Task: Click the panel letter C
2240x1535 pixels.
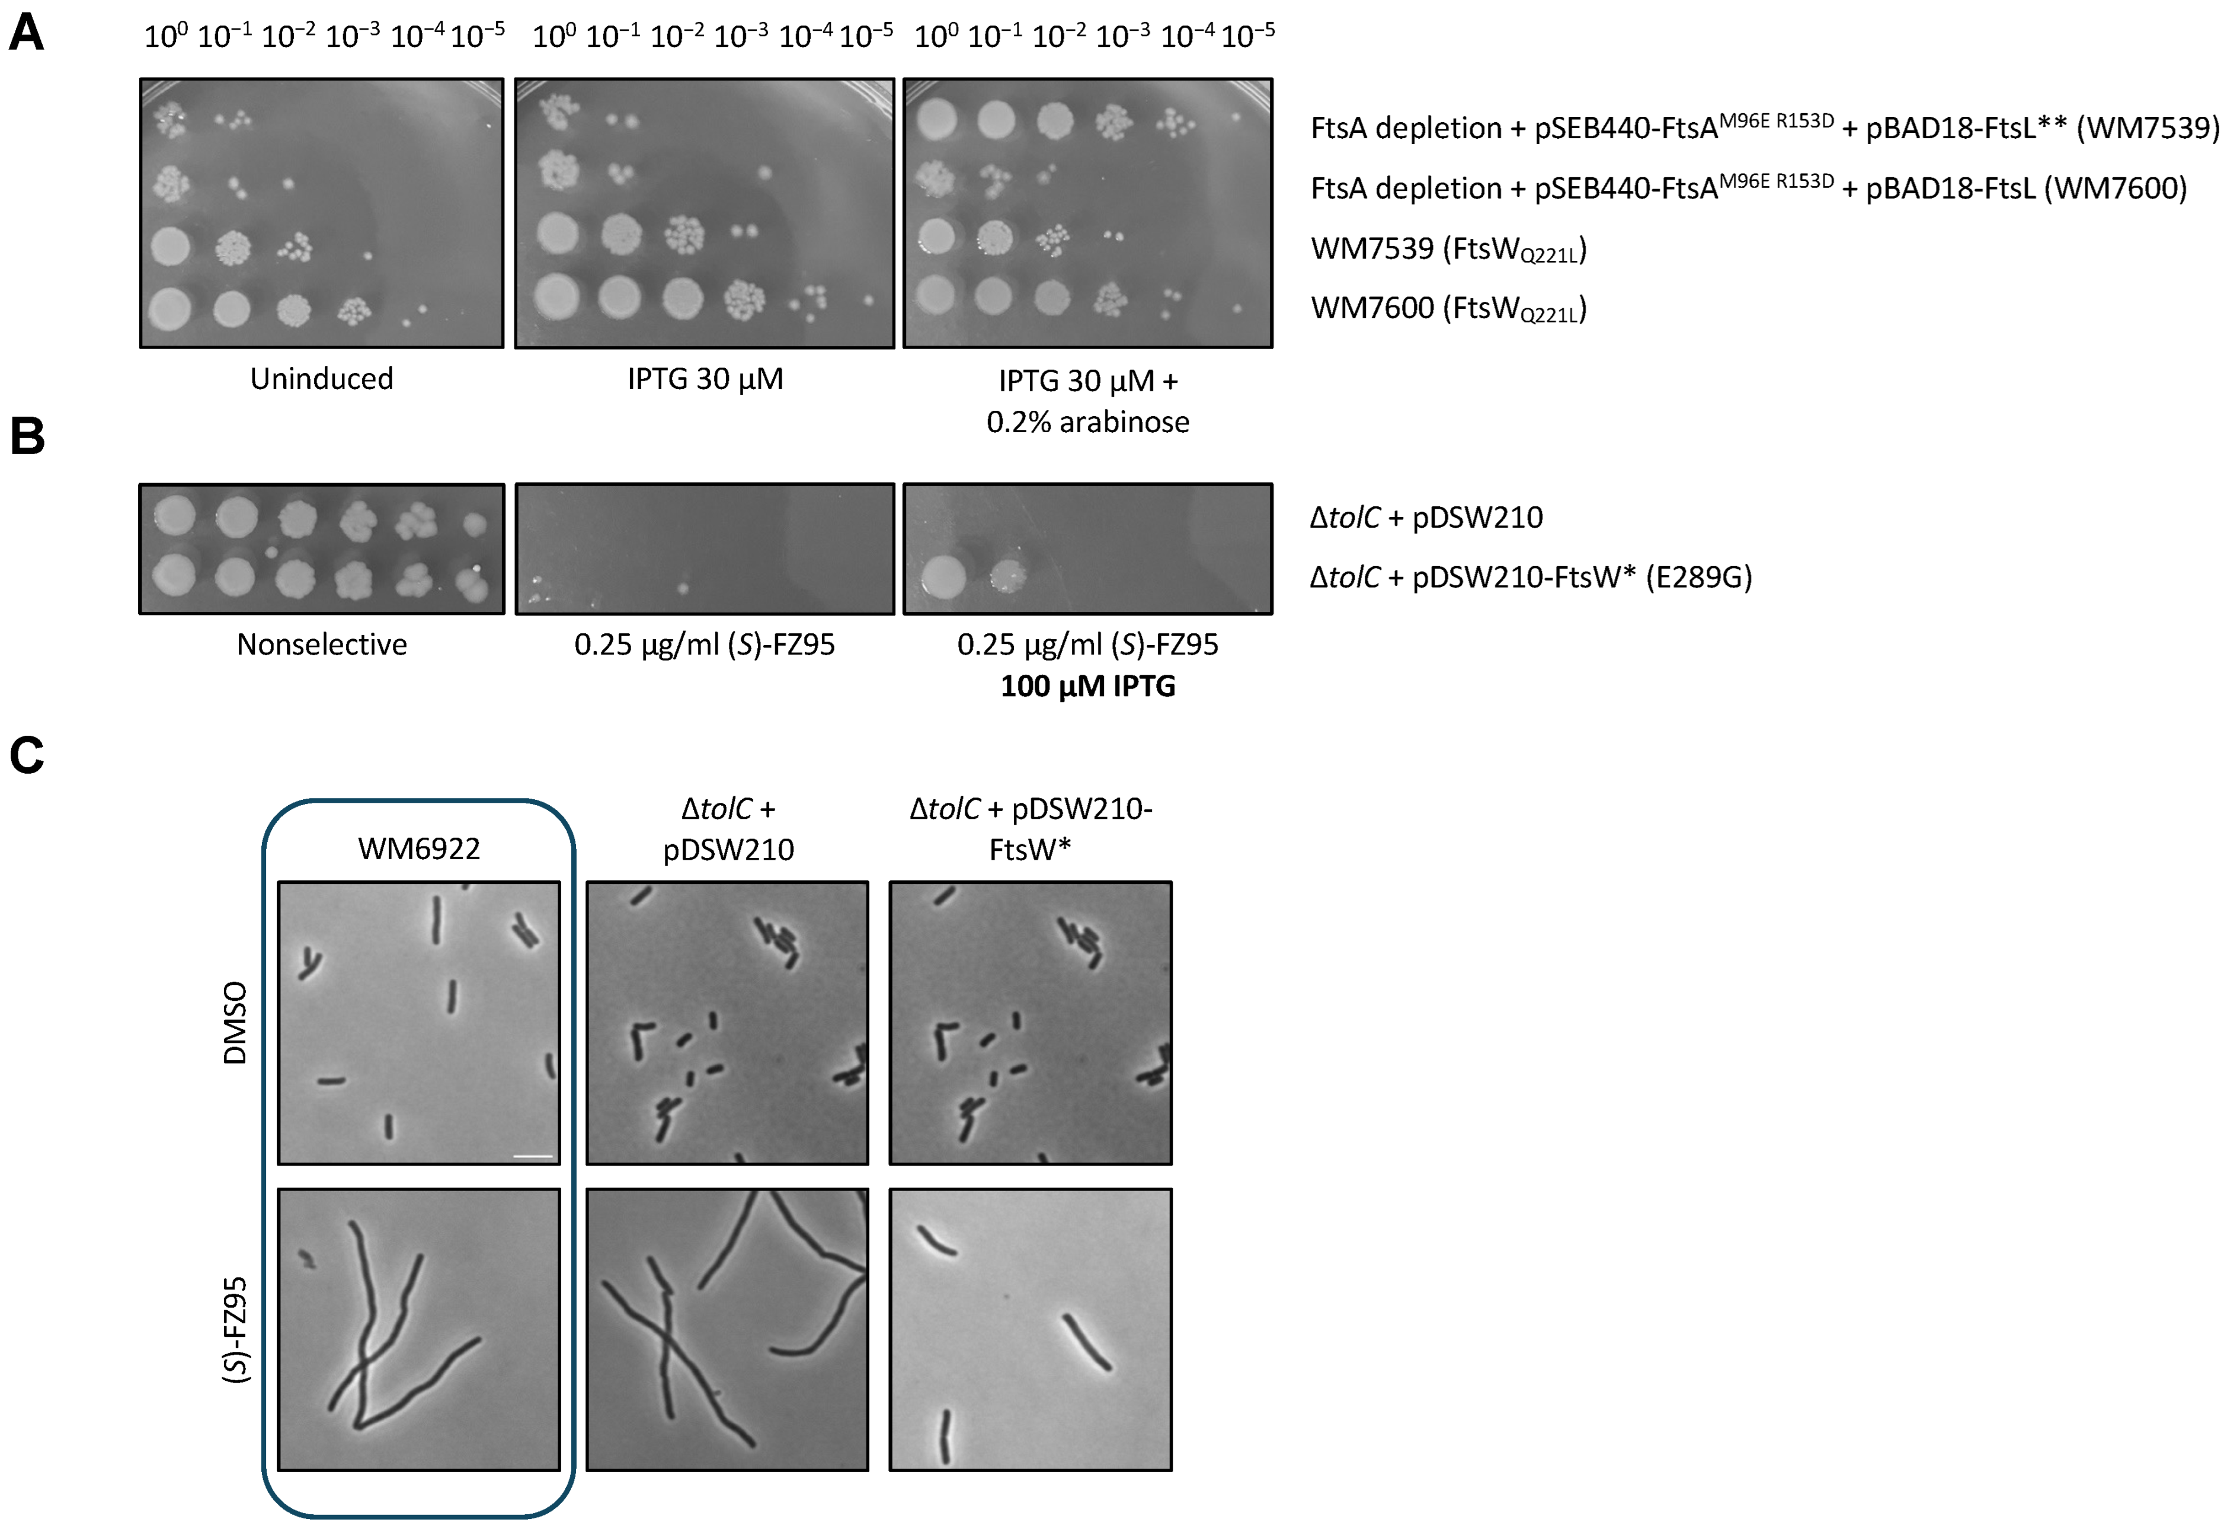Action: pos(27,755)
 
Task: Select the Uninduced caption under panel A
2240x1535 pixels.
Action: pos(321,379)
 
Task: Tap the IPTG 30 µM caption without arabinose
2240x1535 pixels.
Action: pos(705,379)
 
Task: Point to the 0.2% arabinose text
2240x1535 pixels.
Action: pos(1087,422)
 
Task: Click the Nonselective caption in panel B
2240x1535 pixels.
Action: pos(321,644)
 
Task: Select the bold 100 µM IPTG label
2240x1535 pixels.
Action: pos(1087,687)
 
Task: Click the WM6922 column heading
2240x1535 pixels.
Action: pos(418,848)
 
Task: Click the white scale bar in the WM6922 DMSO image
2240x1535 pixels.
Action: pos(533,1155)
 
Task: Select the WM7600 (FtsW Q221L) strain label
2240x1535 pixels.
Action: pos(1448,308)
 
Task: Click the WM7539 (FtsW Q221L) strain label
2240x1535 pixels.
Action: pos(1448,249)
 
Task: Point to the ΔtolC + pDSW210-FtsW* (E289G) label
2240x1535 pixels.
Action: pos(1529,577)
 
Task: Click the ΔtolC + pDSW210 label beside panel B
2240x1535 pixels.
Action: pos(1426,518)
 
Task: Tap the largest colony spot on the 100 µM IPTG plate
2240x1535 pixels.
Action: pos(943,577)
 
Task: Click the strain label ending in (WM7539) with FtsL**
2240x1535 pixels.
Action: pos(1764,127)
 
